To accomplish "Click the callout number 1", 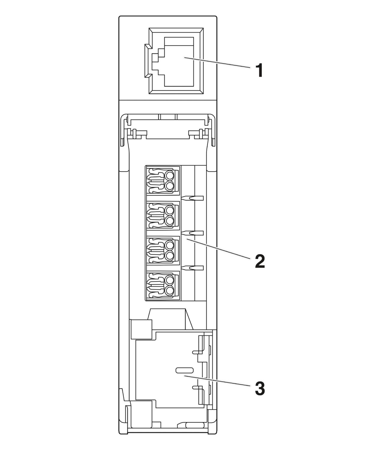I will [x=259, y=71].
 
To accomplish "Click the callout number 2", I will [x=259, y=261].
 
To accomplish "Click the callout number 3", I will [x=259, y=389].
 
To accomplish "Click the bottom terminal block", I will [x=162, y=285].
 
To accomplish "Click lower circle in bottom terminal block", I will [x=169, y=290].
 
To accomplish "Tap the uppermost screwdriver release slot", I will [x=193, y=198].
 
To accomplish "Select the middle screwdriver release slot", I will [x=193, y=233].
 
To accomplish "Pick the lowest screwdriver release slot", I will [x=193, y=268].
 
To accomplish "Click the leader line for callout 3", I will [x=217, y=380].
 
